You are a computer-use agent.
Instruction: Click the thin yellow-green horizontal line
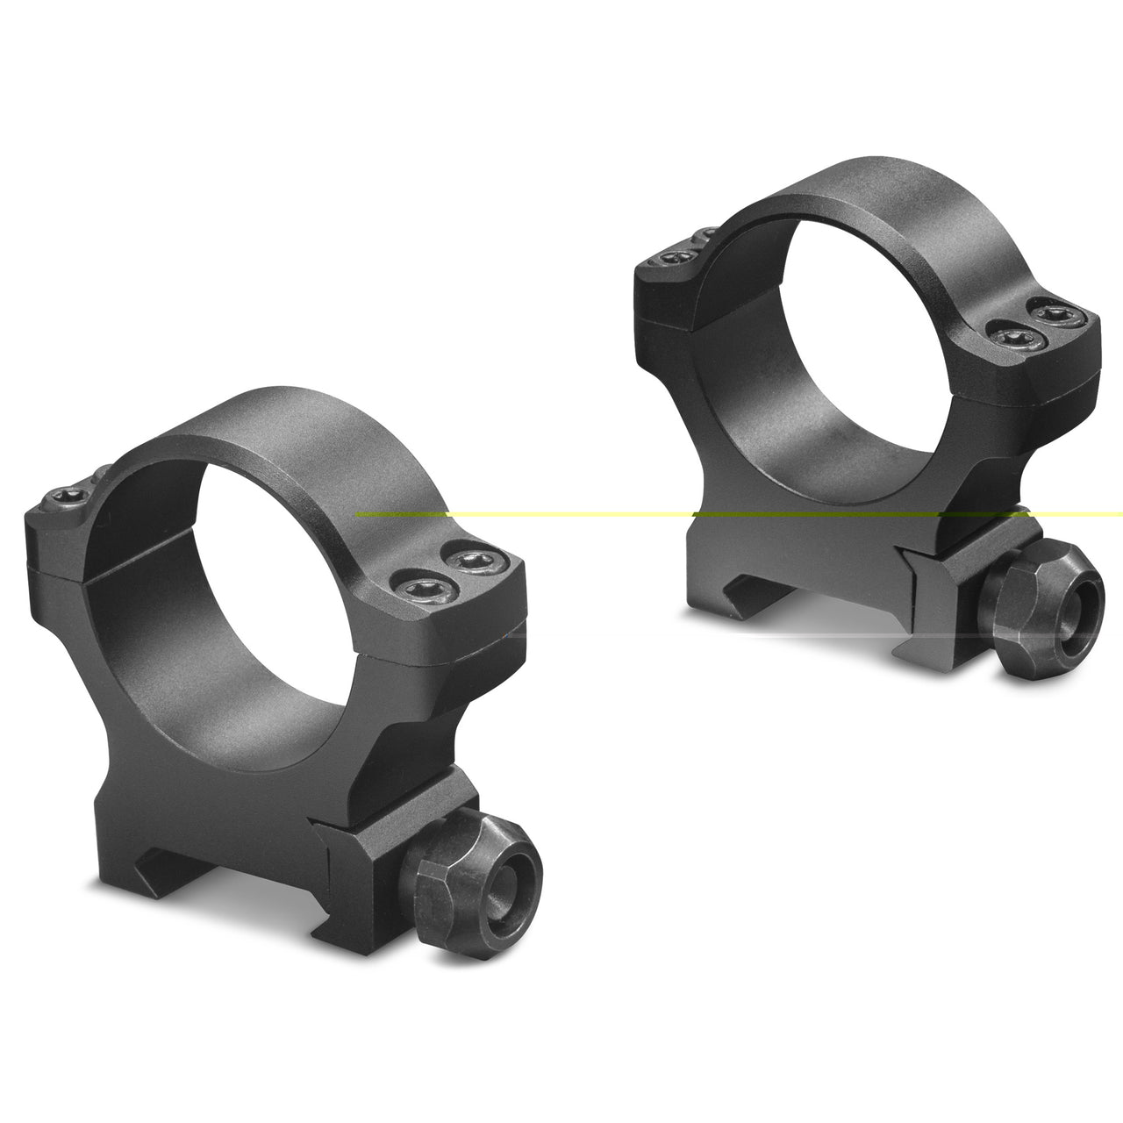(570, 514)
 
